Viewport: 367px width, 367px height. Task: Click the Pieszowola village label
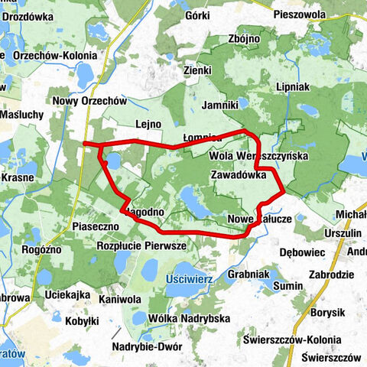(x=307, y=15)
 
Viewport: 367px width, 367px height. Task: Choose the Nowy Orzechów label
(x=89, y=100)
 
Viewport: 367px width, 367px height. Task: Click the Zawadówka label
(x=238, y=174)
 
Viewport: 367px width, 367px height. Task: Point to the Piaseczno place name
(x=95, y=227)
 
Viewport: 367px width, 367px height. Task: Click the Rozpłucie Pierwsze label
(x=142, y=246)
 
